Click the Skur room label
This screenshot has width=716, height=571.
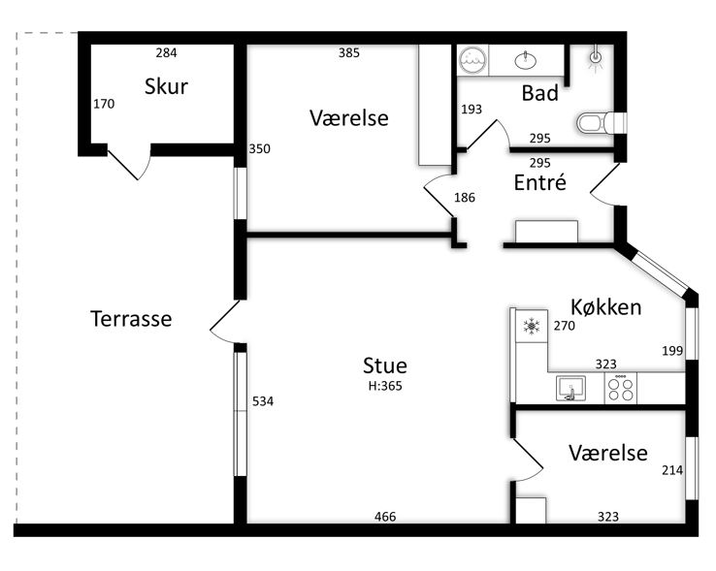[x=166, y=86]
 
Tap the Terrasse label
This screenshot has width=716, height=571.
[x=131, y=319]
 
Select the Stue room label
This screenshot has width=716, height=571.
[x=385, y=365]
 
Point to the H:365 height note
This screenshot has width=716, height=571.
[x=385, y=386]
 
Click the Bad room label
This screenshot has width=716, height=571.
[x=539, y=93]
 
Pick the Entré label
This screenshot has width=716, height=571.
[x=539, y=182]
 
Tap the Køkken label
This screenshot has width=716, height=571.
[x=606, y=307]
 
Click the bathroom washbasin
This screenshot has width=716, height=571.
[x=526, y=60]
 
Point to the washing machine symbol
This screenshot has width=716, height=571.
[x=472, y=60]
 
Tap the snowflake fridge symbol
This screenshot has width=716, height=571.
[x=532, y=327]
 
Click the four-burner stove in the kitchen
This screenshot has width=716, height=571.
[x=621, y=389]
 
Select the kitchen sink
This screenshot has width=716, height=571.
[x=570, y=389]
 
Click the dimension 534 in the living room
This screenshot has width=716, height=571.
[x=263, y=401]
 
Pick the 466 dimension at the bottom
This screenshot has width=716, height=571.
[x=385, y=517]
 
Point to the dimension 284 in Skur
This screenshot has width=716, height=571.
[x=166, y=53]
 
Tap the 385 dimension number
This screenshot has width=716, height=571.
[x=349, y=53]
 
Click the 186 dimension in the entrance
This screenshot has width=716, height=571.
[x=465, y=198]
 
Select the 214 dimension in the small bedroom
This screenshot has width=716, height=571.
[x=672, y=470]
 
